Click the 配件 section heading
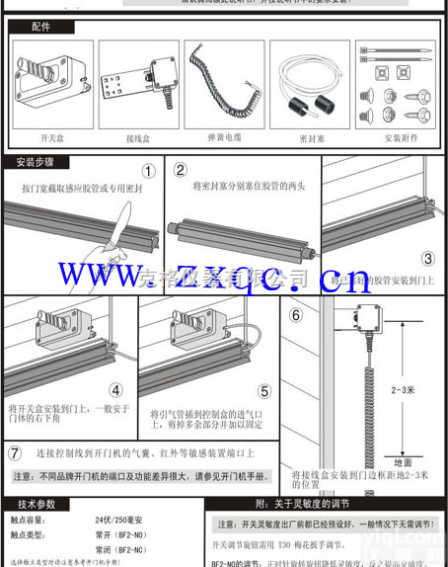pos(40,27)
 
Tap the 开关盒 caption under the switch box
pos(52,137)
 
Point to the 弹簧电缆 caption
pos(223,137)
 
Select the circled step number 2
pos(180,169)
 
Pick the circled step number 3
pos(427,260)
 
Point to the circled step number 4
pos(115,390)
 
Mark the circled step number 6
pos(295,317)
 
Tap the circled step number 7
pos(15,453)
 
